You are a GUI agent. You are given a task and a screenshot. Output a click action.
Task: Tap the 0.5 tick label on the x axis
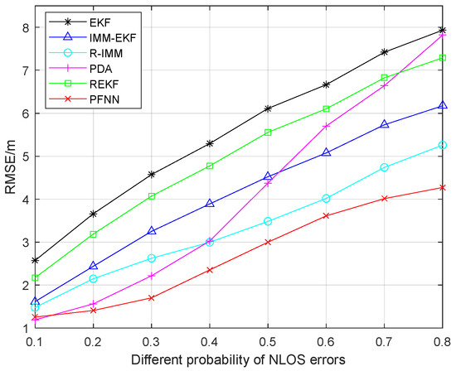point(266,340)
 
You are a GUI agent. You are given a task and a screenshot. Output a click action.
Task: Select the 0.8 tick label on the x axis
point(443,340)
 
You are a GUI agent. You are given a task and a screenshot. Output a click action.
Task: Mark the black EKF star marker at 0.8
point(443,30)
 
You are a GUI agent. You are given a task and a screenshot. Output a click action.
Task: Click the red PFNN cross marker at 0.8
point(443,187)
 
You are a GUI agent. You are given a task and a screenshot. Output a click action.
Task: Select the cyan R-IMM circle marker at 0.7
point(384,167)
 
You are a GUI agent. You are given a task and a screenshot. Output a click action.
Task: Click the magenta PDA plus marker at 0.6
point(325,126)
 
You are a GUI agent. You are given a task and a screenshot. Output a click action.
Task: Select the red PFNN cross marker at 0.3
point(151,297)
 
